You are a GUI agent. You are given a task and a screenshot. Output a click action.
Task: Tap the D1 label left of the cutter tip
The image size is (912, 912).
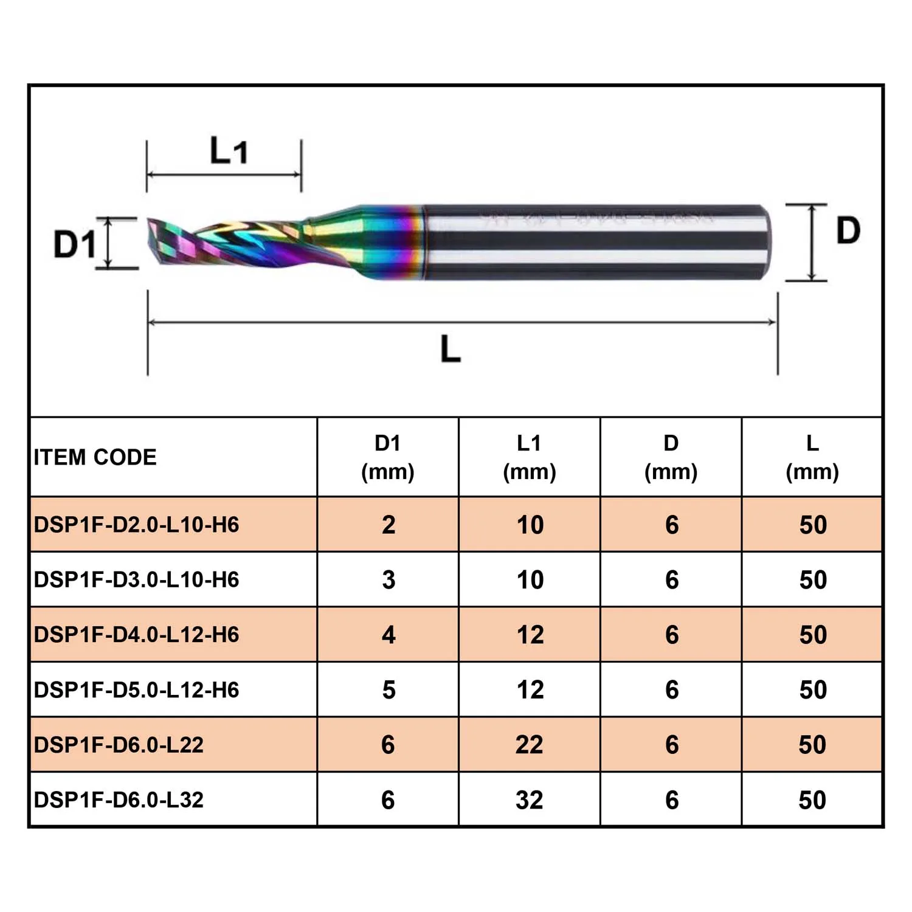pos(75,244)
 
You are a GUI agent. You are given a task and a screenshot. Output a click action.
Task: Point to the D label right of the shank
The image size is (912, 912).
pos(848,230)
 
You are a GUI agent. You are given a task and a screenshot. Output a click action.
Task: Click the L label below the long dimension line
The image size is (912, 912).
pos(451,348)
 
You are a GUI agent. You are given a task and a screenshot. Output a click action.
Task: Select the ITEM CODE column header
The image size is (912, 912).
pos(95,457)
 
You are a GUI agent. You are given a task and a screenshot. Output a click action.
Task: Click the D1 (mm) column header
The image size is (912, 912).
pos(388,457)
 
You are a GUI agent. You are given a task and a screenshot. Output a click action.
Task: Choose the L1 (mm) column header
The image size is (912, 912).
pos(529,457)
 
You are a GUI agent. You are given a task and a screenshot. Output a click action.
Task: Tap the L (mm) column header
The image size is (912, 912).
pos(812,457)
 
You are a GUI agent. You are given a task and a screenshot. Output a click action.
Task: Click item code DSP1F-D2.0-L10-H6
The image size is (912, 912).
pos(137,525)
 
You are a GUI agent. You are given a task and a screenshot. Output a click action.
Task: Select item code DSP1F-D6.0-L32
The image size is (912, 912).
pos(119,800)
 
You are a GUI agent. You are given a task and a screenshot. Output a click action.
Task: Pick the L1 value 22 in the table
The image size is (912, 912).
pos(529,745)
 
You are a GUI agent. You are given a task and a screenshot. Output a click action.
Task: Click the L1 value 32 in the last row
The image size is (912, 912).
pos(529,800)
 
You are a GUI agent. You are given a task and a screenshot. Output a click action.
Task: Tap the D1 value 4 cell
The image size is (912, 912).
pos(389,635)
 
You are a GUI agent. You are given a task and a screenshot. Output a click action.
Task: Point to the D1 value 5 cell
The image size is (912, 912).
pos(389,690)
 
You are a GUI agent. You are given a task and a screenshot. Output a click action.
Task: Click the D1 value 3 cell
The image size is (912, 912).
pos(389,580)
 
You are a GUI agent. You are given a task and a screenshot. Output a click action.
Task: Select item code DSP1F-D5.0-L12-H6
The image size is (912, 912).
pos(137,690)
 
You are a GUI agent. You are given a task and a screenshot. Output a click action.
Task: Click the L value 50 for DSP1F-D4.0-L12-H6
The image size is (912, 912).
pos(813,635)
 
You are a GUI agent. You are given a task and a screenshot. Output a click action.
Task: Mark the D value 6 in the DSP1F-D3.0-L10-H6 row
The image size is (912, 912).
pos(672,580)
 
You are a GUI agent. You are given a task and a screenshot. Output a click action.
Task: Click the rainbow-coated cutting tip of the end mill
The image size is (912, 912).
pos(225,244)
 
